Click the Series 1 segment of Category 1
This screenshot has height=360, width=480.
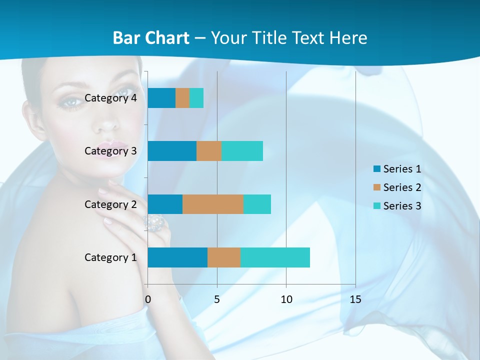[177, 257]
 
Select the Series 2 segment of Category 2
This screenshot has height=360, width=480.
[213, 204]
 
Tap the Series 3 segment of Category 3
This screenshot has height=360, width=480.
[242, 151]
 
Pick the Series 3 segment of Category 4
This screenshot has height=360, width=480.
[196, 98]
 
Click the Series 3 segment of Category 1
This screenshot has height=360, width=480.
[275, 257]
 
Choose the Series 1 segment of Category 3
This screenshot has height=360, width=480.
[172, 151]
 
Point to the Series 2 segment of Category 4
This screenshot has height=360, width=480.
[182, 98]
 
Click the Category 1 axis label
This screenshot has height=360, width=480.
[110, 257]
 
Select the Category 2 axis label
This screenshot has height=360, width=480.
[110, 204]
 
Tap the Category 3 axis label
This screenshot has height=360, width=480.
[110, 151]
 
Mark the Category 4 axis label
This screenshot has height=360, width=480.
[110, 98]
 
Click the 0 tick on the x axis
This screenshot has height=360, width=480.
[148, 299]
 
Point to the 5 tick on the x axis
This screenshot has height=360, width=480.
[217, 299]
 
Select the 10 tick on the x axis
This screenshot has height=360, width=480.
[286, 299]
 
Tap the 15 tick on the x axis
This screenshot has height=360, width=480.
[355, 299]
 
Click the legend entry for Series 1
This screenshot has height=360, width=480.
[397, 169]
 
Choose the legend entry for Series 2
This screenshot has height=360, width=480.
[397, 187]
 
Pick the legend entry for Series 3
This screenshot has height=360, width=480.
[397, 206]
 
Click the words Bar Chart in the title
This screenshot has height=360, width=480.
[151, 38]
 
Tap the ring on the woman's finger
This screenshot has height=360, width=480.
[156, 223]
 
